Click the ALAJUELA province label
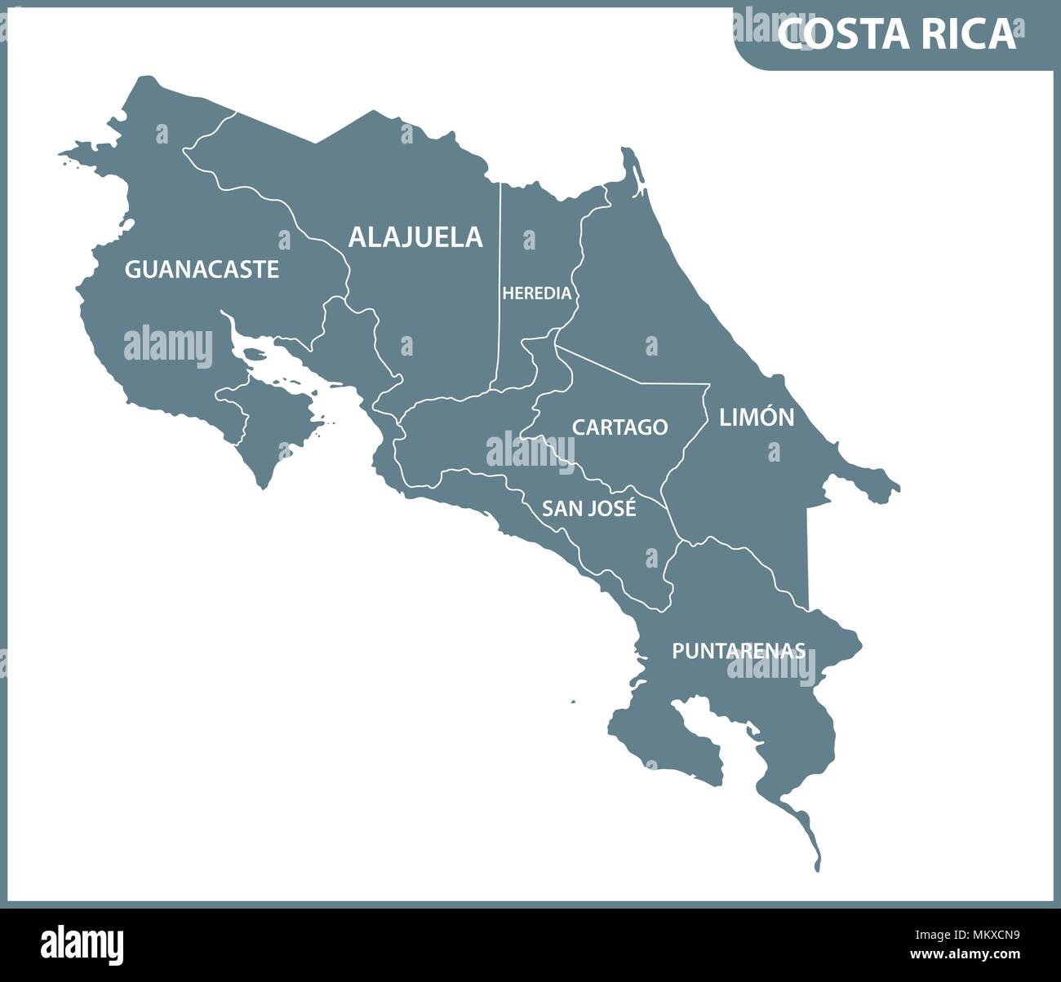click(x=415, y=237)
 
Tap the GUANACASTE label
click(x=202, y=269)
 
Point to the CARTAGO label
click(x=619, y=427)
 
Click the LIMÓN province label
click(x=756, y=418)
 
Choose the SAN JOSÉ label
click(x=589, y=509)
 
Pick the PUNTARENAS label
click(x=739, y=651)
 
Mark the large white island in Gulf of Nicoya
click(x=258, y=356)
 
